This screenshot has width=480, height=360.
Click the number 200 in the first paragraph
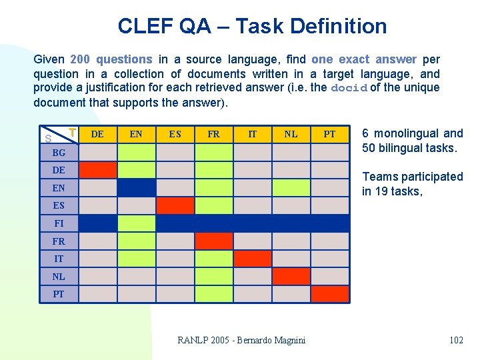click(x=79, y=59)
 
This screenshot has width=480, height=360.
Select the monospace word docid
click(x=349, y=88)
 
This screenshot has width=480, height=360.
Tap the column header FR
click(x=213, y=134)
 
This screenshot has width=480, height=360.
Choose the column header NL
click(x=291, y=134)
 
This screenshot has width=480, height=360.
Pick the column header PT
click(x=329, y=134)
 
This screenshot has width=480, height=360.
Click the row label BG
click(x=59, y=153)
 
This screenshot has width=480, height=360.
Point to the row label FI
click(x=59, y=223)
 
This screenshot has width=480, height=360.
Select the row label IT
click(x=59, y=259)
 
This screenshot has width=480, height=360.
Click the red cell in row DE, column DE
click(x=97, y=170)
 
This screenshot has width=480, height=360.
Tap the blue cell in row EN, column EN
click(x=136, y=188)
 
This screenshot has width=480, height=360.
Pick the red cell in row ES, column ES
click(x=175, y=205)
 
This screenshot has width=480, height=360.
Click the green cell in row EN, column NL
click(x=291, y=188)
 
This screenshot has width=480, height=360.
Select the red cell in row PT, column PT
click(x=329, y=294)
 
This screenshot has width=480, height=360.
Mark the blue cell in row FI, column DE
click(x=97, y=223)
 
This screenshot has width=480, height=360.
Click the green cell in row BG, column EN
click(x=136, y=153)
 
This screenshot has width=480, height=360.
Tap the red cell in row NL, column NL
click(x=291, y=276)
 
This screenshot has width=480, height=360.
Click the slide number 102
click(x=456, y=340)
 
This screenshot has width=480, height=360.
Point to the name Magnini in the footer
click(x=286, y=340)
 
